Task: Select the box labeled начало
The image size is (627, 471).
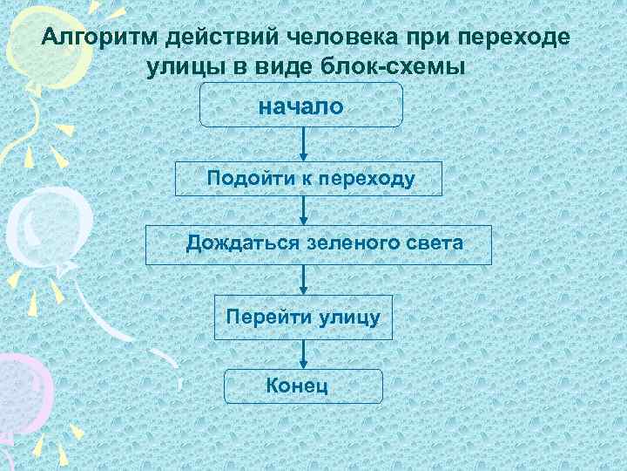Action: click(x=301, y=106)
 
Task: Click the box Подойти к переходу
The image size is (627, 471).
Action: click(x=308, y=179)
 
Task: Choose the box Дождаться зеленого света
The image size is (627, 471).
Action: click(x=318, y=244)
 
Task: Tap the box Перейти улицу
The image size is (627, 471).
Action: click(x=303, y=316)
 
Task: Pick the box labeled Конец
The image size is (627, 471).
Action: click(x=303, y=386)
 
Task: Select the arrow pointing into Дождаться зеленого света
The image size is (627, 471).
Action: click(x=302, y=210)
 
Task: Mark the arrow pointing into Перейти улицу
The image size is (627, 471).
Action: click(x=302, y=279)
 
